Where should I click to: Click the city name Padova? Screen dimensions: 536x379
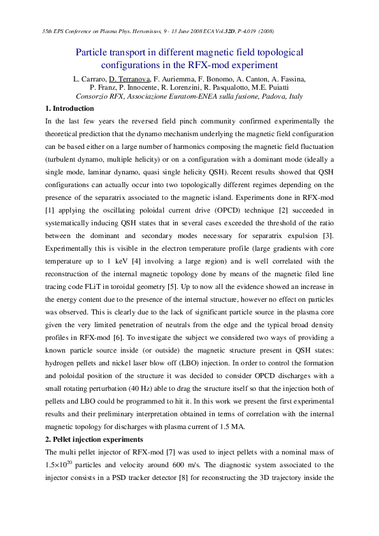[262, 96]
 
